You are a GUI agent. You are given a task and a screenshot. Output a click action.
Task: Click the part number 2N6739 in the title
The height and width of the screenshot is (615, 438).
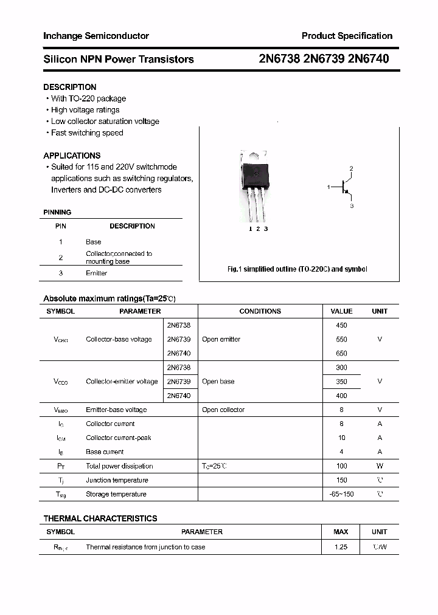tap(324, 59)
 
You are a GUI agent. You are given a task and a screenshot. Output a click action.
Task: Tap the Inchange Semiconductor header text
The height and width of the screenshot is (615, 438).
tap(96, 36)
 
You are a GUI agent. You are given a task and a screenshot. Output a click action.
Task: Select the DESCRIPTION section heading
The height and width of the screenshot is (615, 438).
tap(70, 87)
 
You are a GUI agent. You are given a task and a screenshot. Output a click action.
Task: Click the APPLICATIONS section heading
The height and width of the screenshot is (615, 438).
tap(72, 156)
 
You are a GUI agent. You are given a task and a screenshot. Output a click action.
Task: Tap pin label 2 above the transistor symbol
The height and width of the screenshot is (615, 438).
tap(351, 168)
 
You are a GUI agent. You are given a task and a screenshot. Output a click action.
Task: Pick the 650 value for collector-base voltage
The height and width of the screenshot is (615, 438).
tap(341, 353)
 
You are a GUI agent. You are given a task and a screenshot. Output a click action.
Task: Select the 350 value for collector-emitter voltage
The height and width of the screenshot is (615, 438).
tap(341, 382)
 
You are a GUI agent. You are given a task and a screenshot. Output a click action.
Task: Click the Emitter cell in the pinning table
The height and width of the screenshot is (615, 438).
tap(96, 273)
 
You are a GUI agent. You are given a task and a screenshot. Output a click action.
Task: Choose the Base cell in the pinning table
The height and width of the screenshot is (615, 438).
tap(94, 242)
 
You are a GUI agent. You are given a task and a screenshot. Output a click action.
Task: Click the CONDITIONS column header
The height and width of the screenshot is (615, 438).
tap(260, 311)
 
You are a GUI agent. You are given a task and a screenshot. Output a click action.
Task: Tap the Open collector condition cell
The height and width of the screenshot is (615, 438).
tap(223, 410)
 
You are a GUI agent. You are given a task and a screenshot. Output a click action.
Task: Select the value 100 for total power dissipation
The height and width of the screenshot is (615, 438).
tap(341, 466)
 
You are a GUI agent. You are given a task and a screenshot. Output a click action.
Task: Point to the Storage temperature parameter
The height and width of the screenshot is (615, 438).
tap(116, 495)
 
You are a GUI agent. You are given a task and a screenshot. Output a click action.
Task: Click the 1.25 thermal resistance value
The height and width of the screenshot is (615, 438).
tap(341, 547)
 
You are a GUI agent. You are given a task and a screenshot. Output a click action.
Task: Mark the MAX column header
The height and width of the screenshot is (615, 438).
tap(341, 532)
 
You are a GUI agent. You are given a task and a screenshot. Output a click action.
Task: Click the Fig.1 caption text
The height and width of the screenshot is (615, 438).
tap(297, 269)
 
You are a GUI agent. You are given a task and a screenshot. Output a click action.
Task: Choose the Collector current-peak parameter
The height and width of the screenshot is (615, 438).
tap(119, 438)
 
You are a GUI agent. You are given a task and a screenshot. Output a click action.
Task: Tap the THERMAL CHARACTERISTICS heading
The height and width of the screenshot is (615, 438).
tap(100, 518)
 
